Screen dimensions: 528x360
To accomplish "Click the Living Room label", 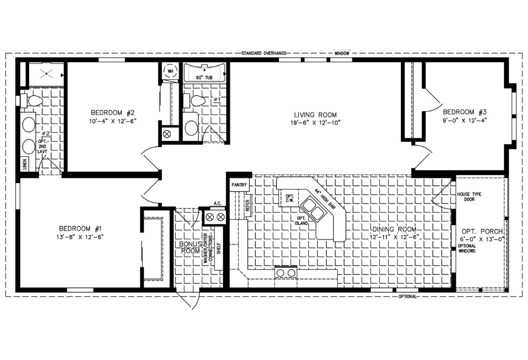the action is [x=315, y=115].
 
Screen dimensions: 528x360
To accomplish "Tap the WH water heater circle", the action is [x=170, y=71].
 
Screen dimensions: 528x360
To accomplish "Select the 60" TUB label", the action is [x=204, y=77].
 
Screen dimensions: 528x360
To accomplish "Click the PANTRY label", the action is [x=239, y=185].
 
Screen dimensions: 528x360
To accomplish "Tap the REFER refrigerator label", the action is [x=247, y=206].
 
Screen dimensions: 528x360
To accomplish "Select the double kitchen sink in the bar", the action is [x=313, y=209].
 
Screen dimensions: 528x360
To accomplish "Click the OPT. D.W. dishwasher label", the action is [x=290, y=198].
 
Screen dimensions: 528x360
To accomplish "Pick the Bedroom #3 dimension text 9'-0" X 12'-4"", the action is [x=465, y=121].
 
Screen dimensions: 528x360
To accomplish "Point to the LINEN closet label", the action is [x=25, y=164].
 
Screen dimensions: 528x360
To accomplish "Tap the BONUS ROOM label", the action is [x=191, y=247].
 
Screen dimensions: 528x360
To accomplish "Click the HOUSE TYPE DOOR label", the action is [x=469, y=197].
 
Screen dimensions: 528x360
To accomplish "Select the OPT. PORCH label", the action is [x=482, y=231].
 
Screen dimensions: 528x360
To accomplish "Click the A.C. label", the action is [x=217, y=203].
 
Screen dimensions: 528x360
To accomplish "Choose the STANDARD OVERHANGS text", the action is [x=264, y=53].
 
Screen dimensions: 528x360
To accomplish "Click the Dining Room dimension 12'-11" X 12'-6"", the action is [x=394, y=237].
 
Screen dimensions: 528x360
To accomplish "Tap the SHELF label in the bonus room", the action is [x=219, y=249].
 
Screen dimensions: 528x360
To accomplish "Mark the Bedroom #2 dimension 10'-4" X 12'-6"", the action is [x=113, y=121].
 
